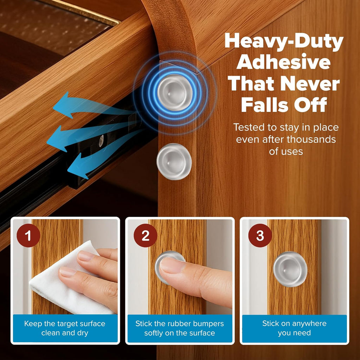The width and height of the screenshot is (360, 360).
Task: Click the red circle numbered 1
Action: coord(28,235)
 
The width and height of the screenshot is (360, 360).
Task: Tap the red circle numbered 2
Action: coord(145,235)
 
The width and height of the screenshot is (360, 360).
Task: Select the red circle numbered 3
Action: coord(260,235)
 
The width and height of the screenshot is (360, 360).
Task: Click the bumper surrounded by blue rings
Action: coord(175,92)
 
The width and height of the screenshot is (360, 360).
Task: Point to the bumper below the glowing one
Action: coord(174,161)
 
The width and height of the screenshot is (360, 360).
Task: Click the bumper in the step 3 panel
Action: coord(290,269)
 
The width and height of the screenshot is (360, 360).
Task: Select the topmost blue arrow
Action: coord(92,105)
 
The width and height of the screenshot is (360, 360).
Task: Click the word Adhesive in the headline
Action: coord(284,62)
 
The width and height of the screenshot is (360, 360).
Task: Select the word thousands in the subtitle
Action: coord(311,139)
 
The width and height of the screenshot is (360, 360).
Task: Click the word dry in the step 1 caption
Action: coord(83,333)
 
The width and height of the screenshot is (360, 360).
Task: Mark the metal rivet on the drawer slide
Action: coord(101,141)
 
